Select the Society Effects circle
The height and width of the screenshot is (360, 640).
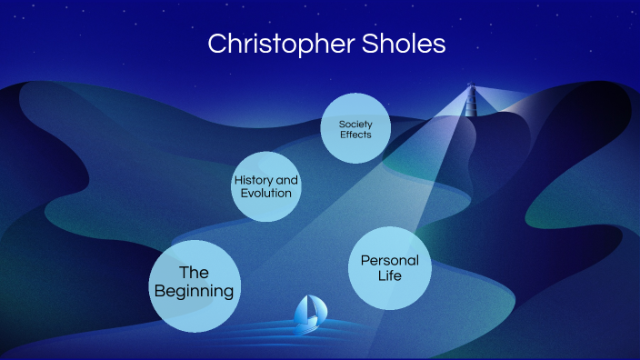click(x=357, y=129)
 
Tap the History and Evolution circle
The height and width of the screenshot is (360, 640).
click(x=265, y=186)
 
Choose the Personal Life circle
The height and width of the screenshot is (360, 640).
click(x=389, y=267)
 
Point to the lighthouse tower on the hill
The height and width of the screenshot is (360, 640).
click(x=471, y=101)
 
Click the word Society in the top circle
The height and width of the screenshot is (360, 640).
click(x=357, y=123)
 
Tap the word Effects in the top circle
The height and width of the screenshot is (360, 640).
click(x=357, y=135)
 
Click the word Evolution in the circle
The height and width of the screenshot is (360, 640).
click(x=265, y=193)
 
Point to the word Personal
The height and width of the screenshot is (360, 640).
click(x=389, y=260)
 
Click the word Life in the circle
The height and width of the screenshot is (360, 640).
click(x=389, y=275)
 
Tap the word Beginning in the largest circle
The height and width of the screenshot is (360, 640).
click(x=194, y=292)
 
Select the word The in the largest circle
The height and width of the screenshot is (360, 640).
click(x=194, y=272)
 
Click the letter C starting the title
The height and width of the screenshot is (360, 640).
click(x=216, y=44)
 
